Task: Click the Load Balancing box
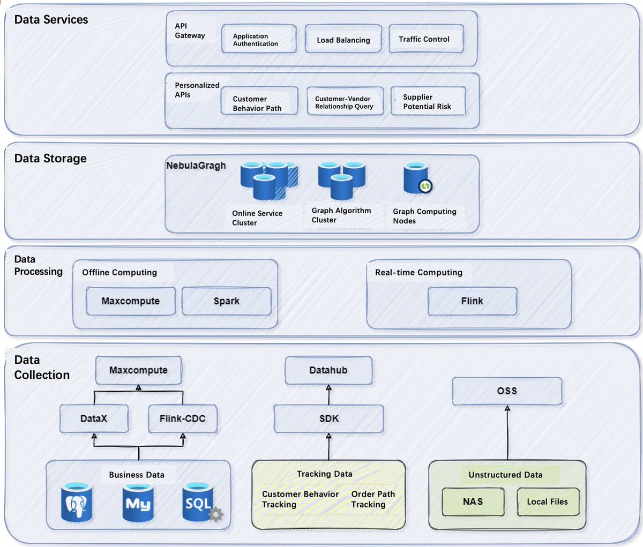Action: pos(343,39)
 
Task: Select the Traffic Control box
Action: pos(426,39)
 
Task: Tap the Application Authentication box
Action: pos(259,39)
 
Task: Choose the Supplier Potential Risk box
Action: pos(428,101)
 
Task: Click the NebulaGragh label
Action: pos(196,166)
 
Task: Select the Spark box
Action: pos(227,301)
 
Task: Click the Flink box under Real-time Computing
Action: pos(472,301)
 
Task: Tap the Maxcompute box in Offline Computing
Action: pos(131,301)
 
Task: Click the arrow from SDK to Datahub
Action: pos(328,394)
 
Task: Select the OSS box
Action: pos(507,391)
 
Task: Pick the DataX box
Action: pos(94,418)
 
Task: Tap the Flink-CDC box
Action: pos(183,418)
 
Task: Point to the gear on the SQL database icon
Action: pos(216,515)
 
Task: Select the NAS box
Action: pos(473,501)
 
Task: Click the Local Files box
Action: pos(548,501)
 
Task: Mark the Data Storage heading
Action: pos(50,159)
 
